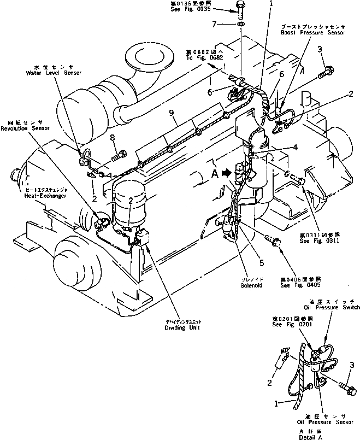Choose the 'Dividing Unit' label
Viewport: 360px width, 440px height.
point(183,328)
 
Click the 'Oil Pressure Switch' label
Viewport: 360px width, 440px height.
point(331,307)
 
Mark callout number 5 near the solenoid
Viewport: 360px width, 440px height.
point(261,263)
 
